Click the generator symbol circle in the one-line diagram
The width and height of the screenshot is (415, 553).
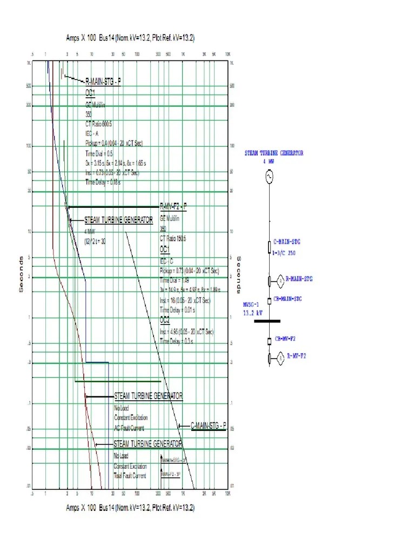[268, 176]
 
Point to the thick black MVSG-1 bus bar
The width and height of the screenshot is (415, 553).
[270, 320]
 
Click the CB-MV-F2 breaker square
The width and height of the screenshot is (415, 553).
[269, 341]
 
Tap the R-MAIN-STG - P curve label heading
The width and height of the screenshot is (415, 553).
[103, 82]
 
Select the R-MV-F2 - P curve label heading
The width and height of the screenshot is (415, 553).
[173, 206]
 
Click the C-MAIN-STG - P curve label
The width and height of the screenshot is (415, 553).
[208, 426]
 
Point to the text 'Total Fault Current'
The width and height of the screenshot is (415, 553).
[130, 476]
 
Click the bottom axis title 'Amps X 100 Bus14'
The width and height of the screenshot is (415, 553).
[130, 508]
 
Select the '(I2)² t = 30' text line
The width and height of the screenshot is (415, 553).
[95, 241]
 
